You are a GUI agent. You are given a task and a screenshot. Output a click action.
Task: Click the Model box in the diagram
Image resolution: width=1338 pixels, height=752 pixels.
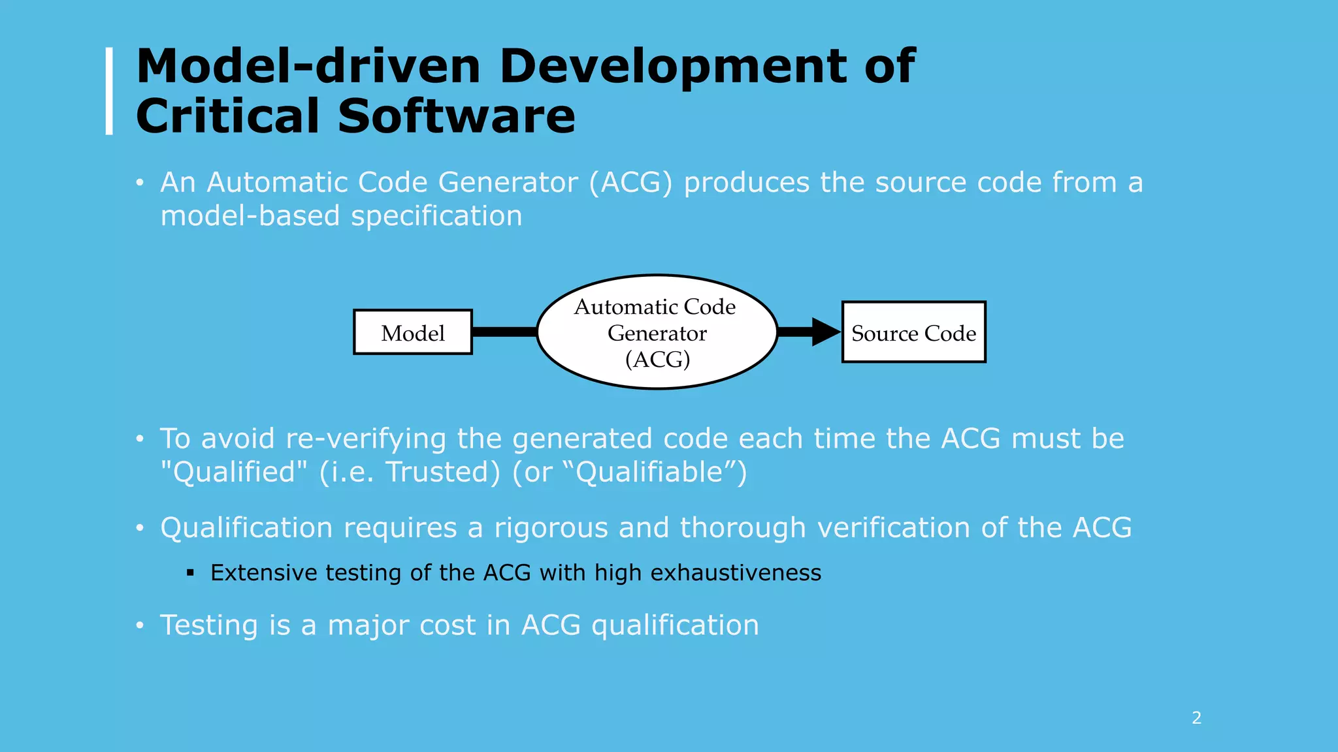(412, 332)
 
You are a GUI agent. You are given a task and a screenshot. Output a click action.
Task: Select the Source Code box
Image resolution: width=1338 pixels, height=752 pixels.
(913, 332)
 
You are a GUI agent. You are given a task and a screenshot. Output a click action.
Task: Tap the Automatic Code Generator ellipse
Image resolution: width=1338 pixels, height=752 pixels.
(657, 332)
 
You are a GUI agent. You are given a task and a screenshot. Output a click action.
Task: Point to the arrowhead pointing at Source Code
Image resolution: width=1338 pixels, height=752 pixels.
(824, 332)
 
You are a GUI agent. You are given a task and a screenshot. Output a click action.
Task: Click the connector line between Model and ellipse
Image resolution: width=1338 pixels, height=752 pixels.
(504, 332)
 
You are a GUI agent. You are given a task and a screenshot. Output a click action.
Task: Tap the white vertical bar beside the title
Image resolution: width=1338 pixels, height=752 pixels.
(109, 91)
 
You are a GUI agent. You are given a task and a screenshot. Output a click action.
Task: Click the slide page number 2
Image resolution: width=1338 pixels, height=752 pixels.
(1196, 717)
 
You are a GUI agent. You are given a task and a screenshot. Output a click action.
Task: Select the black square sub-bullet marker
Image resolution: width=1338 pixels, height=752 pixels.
(190, 573)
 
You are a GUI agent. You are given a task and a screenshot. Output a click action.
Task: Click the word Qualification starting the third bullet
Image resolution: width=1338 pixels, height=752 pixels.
(247, 527)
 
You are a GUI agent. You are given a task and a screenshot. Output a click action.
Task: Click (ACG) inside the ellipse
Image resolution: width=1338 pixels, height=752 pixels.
(657, 359)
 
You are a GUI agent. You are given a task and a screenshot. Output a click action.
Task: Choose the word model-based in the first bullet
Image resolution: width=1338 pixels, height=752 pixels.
(250, 216)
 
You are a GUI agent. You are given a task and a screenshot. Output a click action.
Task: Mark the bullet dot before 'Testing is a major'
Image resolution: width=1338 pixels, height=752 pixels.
(139, 626)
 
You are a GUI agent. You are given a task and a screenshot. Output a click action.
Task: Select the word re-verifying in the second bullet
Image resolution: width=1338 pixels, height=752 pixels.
(366, 439)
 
